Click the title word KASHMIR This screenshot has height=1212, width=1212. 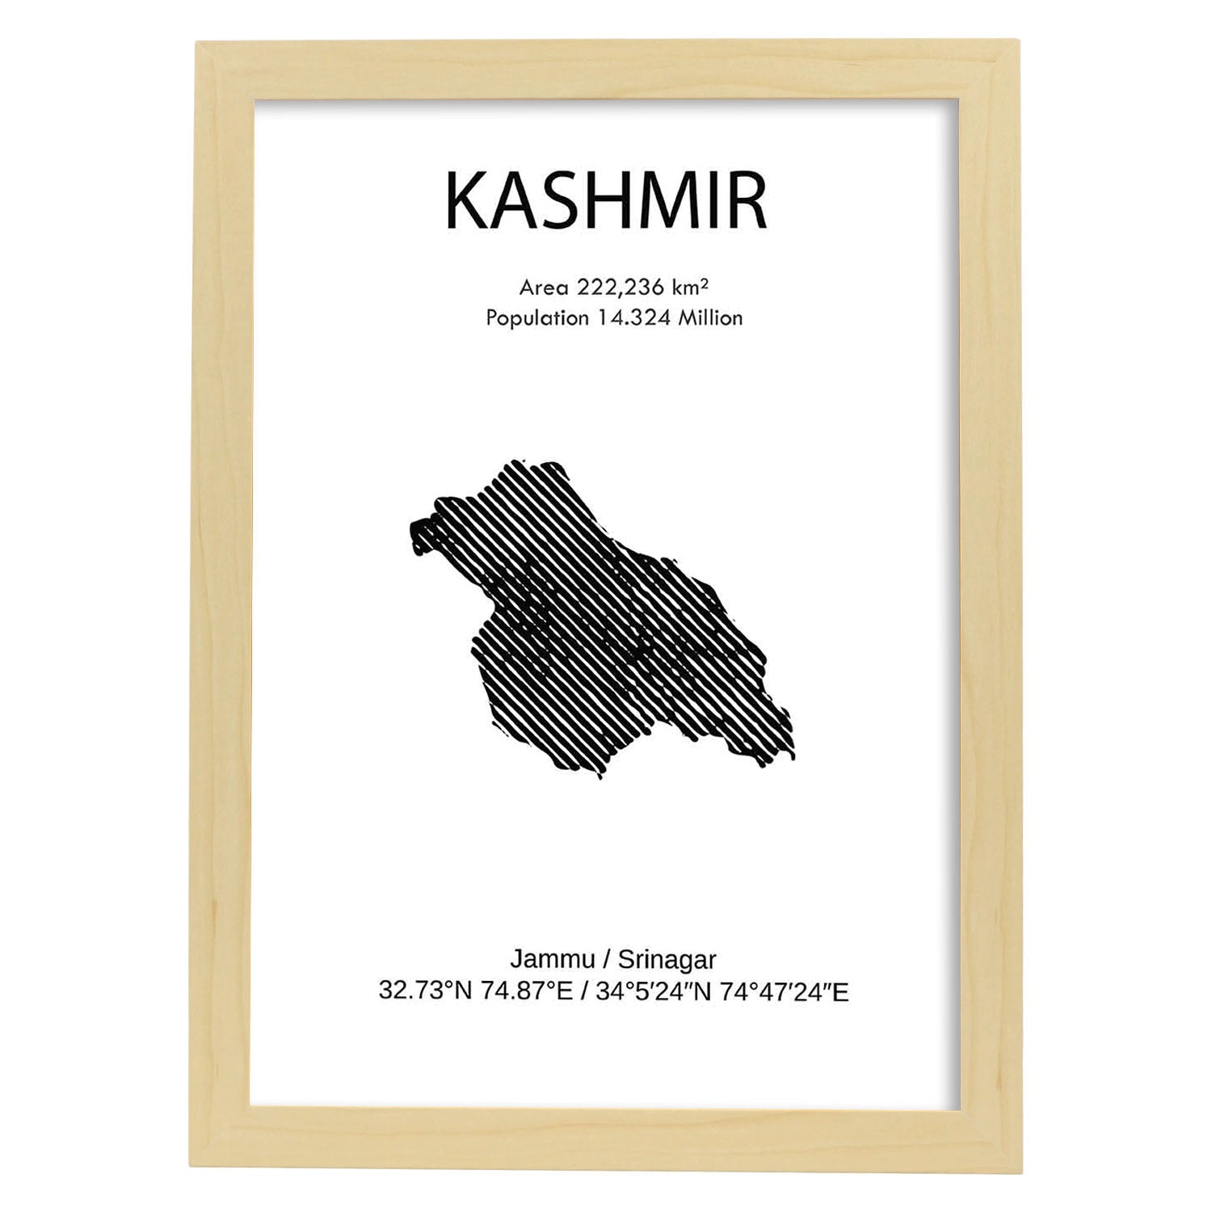tap(605, 202)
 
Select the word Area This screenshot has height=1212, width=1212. tap(544, 288)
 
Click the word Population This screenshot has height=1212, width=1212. tap(537, 318)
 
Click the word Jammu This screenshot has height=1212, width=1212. tap(552, 960)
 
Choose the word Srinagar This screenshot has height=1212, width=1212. tap(667, 961)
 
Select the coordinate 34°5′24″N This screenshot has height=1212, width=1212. tap(653, 991)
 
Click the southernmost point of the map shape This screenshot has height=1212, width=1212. tap(600, 776)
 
